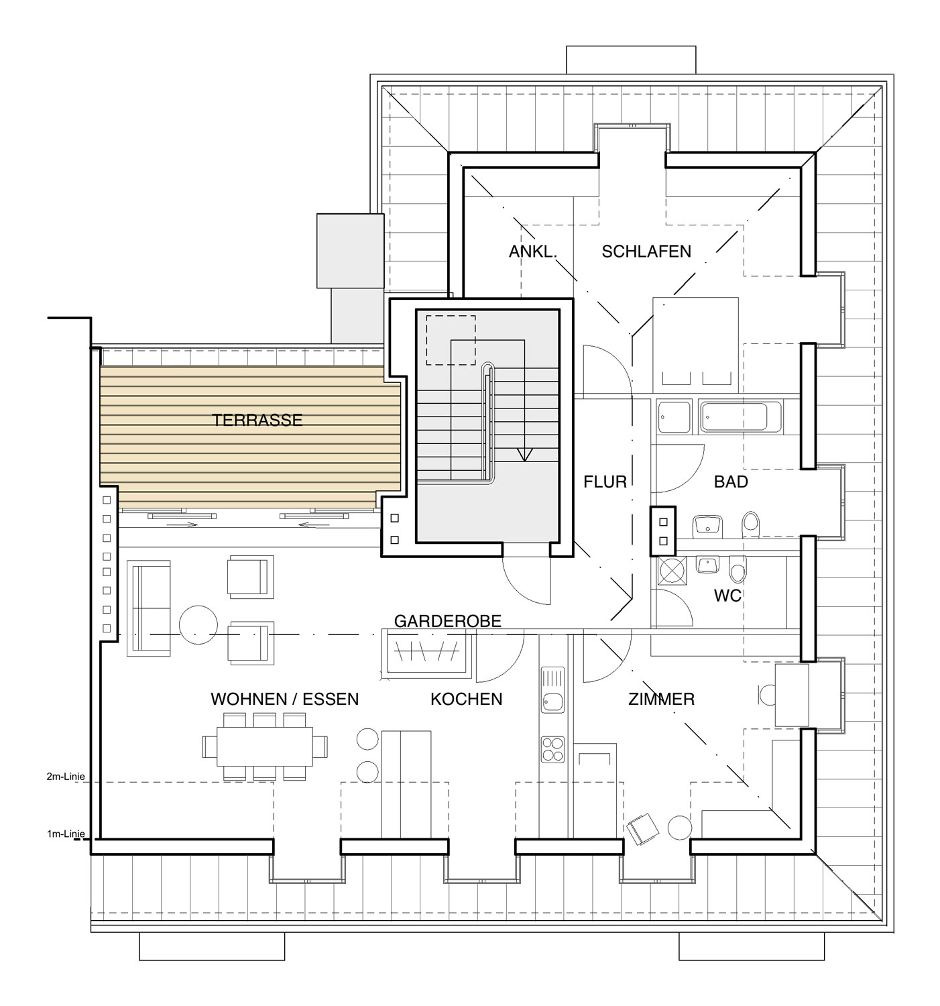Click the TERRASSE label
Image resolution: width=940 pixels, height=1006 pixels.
tap(257, 420)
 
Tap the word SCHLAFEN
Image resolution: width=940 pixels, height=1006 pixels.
tap(646, 251)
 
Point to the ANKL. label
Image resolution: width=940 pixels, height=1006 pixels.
tap(532, 251)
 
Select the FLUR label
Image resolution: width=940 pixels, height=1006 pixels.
tap(605, 482)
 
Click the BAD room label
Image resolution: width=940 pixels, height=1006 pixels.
tap(731, 482)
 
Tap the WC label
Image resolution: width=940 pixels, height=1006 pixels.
tap(727, 596)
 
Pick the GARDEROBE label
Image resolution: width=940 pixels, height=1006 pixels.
tap(448, 621)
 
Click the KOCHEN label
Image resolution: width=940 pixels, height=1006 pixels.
tap(467, 699)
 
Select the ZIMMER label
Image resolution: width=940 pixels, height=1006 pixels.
tap(662, 699)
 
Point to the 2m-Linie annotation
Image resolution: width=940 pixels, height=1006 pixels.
tap(66, 777)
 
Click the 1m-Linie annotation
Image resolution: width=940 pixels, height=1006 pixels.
tap(66, 834)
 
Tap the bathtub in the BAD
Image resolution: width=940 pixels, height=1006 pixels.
tap(740, 417)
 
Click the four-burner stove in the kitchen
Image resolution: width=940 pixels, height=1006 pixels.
tap(552, 749)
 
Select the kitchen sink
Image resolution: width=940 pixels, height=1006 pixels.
tap(552, 690)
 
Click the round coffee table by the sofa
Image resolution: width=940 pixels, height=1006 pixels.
tap(198, 625)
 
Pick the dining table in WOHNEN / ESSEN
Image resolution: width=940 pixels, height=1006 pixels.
tap(265, 746)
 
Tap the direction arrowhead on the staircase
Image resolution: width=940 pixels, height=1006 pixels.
tap(525, 454)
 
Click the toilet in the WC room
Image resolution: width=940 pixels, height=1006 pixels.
tap(738, 569)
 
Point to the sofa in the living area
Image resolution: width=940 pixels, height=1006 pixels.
tap(148, 608)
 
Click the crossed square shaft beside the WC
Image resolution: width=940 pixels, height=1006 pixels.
tap(672, 571)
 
